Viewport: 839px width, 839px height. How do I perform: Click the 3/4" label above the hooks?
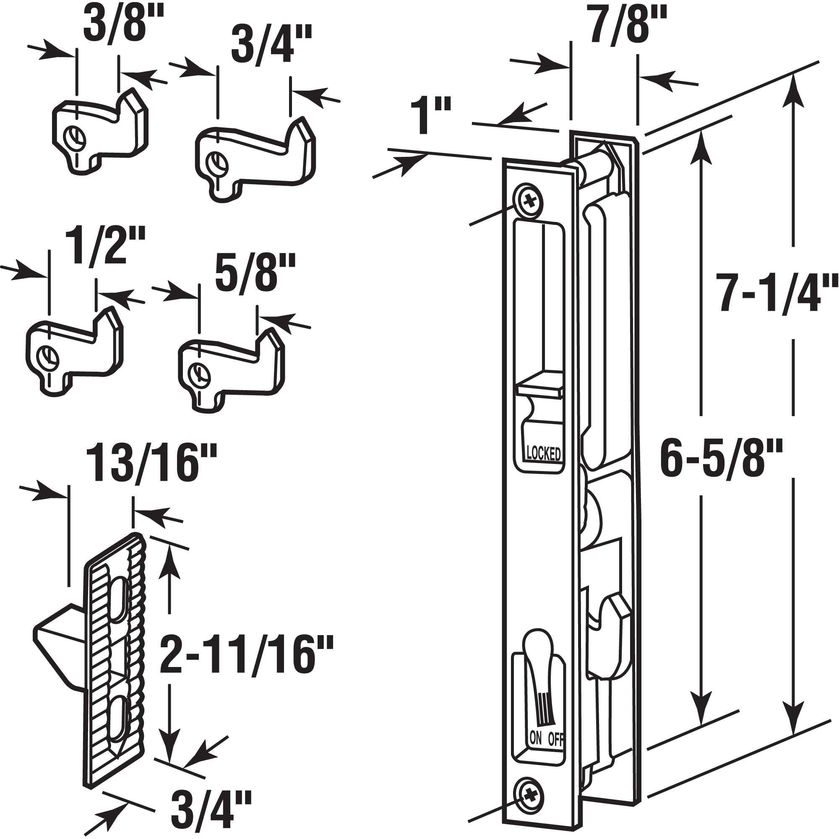coord(271,45)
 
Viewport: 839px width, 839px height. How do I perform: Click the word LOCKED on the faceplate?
coord(543,453)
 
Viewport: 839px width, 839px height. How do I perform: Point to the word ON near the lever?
coord(536,737)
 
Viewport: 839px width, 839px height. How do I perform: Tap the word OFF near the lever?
coord(556,739)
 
